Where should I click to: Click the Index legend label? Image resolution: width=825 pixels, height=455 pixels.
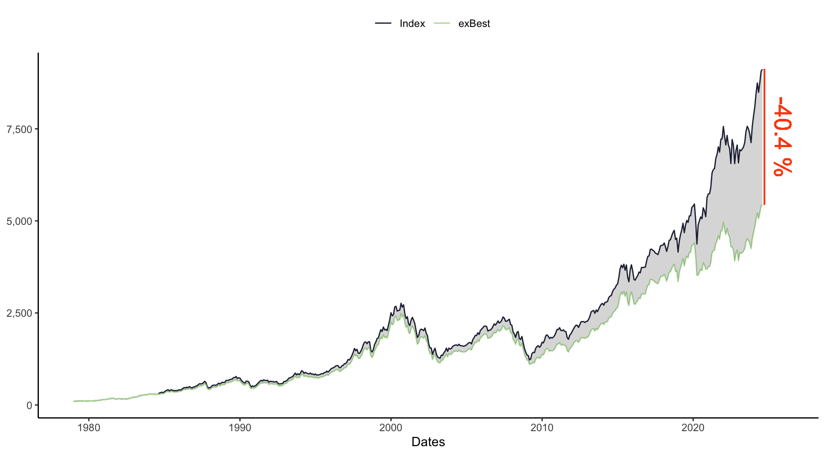(412, 24)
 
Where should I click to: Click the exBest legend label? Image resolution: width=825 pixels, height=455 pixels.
(474, 24)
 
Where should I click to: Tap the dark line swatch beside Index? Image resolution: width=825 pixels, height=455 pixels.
(383, 23)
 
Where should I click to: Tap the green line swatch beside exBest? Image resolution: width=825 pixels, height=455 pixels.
(442, 23)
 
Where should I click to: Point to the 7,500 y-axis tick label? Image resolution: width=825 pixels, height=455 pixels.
(19, 129)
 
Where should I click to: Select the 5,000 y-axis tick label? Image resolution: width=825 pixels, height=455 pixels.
(19, 221)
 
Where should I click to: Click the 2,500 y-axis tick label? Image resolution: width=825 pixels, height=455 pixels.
(19, 313)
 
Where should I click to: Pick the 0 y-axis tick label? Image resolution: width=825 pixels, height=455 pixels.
(29, 405)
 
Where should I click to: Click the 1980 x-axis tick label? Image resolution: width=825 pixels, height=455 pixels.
(88, 428)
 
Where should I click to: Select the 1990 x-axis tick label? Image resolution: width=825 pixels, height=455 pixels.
(240, 428)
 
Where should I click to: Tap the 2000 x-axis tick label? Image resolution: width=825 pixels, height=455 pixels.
(391, 428)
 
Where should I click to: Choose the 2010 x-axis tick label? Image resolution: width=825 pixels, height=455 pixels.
(542, 428)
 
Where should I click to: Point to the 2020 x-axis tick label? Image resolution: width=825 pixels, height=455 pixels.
(693, 428)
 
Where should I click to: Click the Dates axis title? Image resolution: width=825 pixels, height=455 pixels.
(428, 442)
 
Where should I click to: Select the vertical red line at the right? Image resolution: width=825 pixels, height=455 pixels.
(764, 137)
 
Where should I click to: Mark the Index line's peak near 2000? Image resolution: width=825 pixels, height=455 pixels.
(401, 303)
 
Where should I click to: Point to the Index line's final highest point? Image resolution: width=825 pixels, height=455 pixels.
(762, 69)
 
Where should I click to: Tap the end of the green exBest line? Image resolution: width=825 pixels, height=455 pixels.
(762, 205)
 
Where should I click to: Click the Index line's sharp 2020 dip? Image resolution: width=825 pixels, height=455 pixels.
(697, 244)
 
